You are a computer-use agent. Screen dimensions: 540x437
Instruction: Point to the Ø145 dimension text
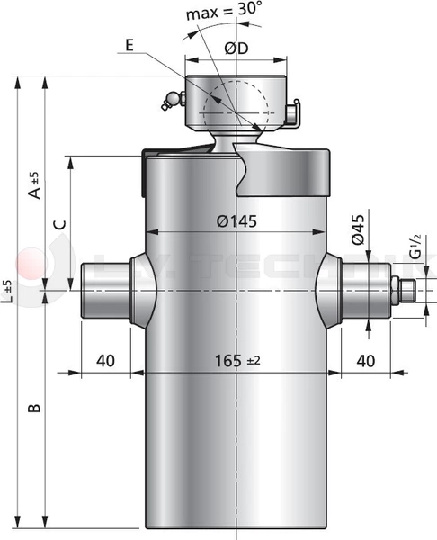click(236, 220)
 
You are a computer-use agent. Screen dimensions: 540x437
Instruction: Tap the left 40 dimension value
click(104, 360)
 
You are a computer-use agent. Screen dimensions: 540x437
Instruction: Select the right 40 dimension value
click(365, 360)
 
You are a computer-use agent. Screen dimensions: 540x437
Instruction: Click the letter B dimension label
click(33, 409)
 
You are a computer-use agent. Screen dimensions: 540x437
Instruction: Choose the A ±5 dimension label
click(33, 184)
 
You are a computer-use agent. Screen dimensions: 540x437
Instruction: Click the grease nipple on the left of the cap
click(166, 103)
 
